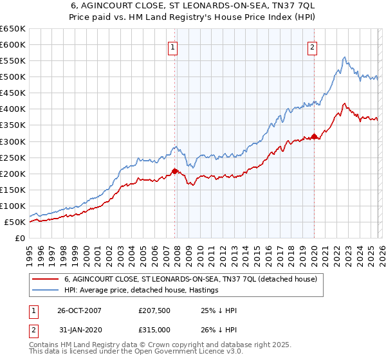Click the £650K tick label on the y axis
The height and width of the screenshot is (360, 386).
(x=13, y=29)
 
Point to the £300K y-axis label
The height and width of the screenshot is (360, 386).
(x=13, y=141)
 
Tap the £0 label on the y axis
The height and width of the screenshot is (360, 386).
(x=19, y=239)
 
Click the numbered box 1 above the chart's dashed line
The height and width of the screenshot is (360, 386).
(x=174, y=47)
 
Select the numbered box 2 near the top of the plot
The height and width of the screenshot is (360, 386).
(x=312, y=47)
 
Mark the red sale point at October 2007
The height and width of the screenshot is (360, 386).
(x=174, y=171)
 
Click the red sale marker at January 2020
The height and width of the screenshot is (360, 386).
(x=314, y=136)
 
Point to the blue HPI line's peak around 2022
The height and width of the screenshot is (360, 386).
(x=344, y=58)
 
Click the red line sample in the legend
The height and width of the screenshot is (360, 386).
(x=46, y=280)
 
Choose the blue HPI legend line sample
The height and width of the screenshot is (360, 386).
(x=46, y=291)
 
